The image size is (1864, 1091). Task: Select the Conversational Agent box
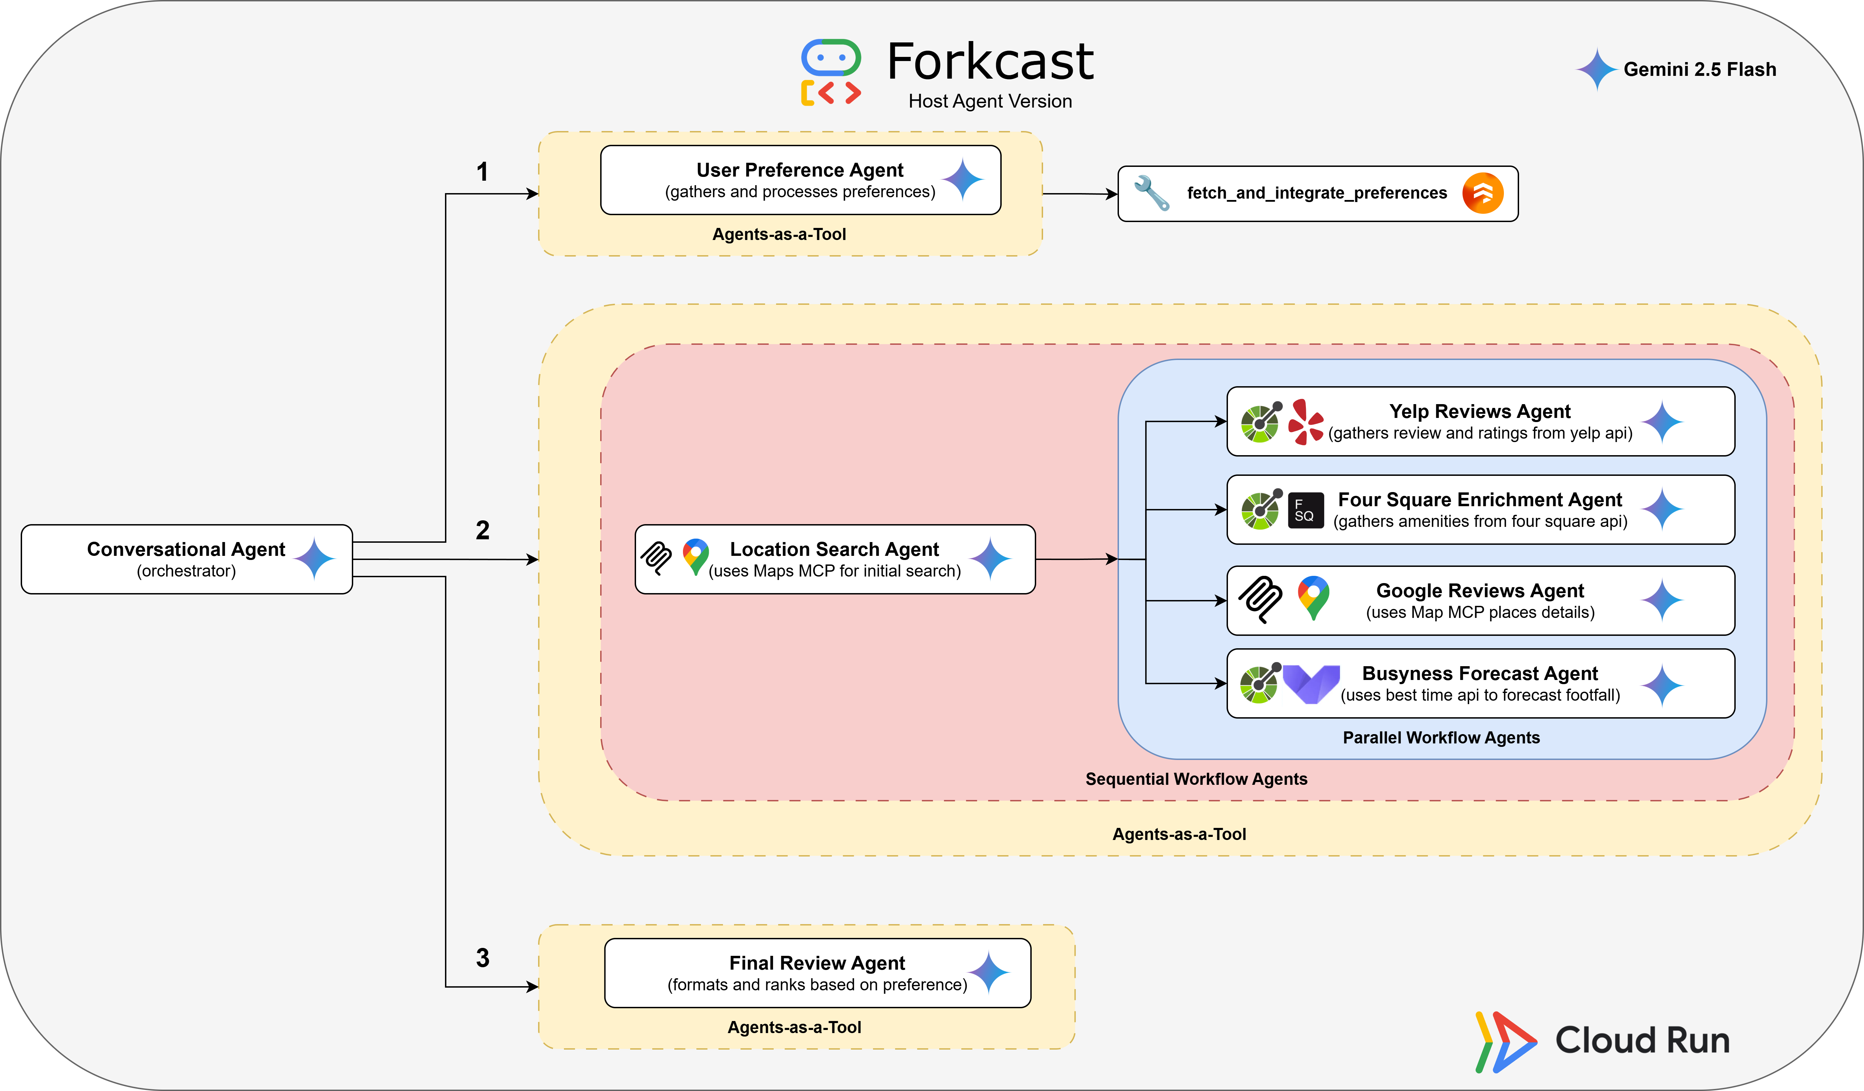click(x=186, y=559)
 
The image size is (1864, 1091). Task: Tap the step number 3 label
click(x=482, y=958)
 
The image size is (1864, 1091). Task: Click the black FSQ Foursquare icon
click(x=1306, y=510)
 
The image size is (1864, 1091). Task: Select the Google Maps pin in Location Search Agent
click(x=695, y=556)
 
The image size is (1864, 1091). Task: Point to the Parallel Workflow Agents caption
click(x=1441, y=738)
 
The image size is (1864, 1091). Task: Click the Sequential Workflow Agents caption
click(x=1196, y=779)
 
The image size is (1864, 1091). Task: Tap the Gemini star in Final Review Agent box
click(x=989, y=973)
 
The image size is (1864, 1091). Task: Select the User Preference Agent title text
click(x=800, y=170)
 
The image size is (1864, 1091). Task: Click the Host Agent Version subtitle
click(x=990, y=101)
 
